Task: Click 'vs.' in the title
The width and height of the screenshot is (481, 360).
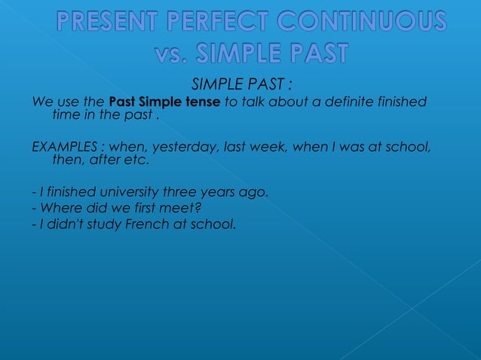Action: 171,55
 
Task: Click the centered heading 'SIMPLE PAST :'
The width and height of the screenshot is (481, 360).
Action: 241,84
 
